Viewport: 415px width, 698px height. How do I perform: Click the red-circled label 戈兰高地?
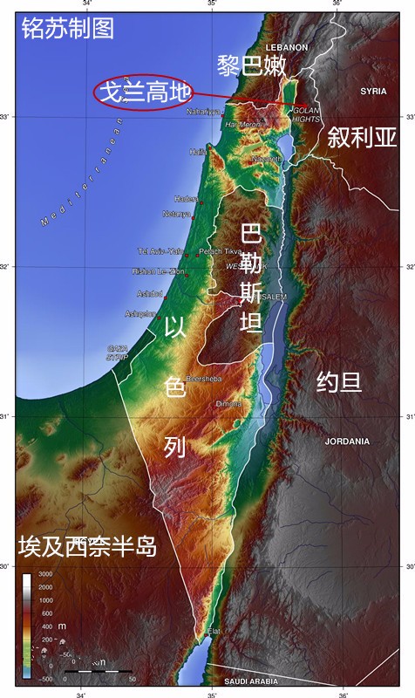click(142, 92)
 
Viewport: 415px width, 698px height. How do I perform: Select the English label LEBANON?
click(287, 46)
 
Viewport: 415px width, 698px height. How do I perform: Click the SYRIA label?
click(373, 91)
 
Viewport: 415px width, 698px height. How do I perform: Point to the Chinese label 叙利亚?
click(362, 137)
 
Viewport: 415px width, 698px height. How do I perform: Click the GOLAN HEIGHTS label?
click(306, 114)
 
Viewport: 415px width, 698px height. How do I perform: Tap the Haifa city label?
click(199, 152)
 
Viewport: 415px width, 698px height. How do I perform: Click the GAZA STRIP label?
click(117, 352)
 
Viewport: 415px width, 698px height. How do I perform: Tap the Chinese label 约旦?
click(339, 381)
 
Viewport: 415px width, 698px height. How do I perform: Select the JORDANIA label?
click(347, 441)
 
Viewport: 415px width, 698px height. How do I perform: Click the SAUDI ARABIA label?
click(250, 681)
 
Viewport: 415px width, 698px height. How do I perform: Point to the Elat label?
click(214, 630)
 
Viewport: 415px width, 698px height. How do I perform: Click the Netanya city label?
click(176, 214)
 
